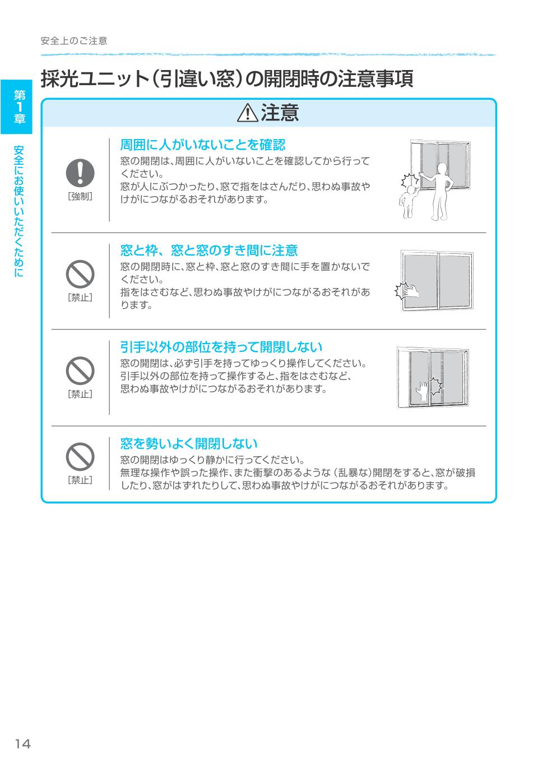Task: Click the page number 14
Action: pyautogui.click(x=23, y=744)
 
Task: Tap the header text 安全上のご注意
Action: pyautogui.click(x=74, y=41)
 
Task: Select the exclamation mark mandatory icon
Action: pyautogui.click(x=80, y=172)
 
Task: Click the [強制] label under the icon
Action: pyautogui.click(x=80, y=197)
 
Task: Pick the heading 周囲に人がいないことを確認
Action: pyautogui.click(x=203, y=145)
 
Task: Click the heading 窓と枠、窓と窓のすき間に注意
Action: pyautogui.click(x=209, y=250)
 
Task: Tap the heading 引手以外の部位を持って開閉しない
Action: pyautogui.click(x=221, y=347)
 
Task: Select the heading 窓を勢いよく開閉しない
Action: pyautogui.click(x=189, y=444)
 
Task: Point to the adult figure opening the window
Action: pyautogui.click(x=440, y=191)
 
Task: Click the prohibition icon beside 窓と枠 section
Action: pyautogui.click(x=80, y=275)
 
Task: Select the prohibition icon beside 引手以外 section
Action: pyautogui.click(x=80, y=371)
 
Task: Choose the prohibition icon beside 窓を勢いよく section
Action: pyautogui.click(x=80, y=457)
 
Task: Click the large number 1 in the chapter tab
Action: pyautogui.click(x=20, y=106)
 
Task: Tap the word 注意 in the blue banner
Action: pyautogui.click(x=280, y=114)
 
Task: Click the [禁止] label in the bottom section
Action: pyautogui.click(x=80, y=480)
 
